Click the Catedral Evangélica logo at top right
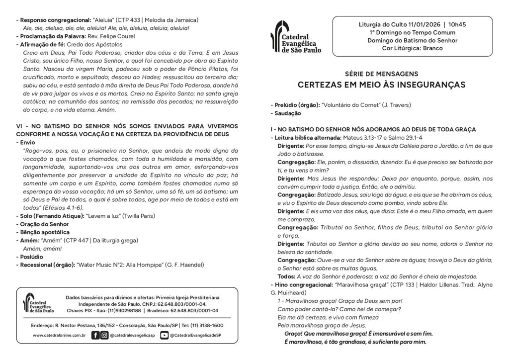(x=295, y=37)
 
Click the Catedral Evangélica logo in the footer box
(x=39, y=303)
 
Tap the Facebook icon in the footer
(x=95, y=336)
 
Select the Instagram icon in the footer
(x=104, y=336)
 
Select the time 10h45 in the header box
(x=457, y=24)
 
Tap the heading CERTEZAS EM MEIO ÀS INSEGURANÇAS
(x=381, y=85)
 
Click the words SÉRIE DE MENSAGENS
(x=381, y=74)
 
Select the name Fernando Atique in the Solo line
(x=60, y=216)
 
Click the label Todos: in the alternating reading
(x=286, y=276)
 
